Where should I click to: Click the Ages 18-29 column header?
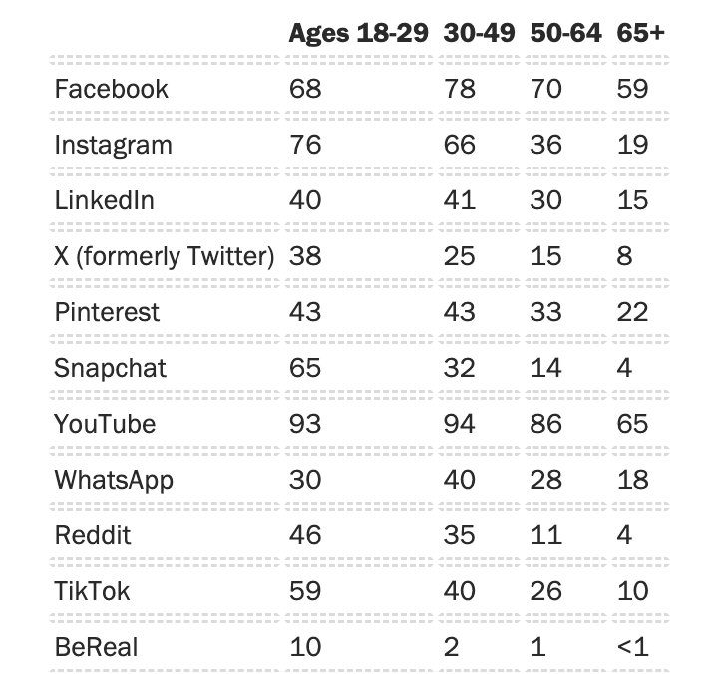(x=358, y=32)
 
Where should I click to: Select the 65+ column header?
(x=641, y=32)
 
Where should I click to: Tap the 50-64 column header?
(x=565, y=32)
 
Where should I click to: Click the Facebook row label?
(x=111, y=89)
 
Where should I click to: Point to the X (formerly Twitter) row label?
(x=164, y=256)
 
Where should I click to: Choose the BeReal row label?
(x=96, y=647)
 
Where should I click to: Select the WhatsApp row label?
(x=114, y=480)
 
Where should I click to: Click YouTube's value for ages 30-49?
(x=460, y=424)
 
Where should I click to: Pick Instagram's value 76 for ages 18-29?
(x=305, y=145)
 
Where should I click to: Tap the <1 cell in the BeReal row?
(x=632, y=647)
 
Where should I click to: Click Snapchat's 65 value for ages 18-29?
(x=305, y=368)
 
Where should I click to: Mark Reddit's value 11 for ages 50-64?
(x=545, y=535)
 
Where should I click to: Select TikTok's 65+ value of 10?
(x=632, y=591)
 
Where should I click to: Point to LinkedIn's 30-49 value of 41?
(x=460, y=200)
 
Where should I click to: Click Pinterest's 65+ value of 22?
(x=632, y=312)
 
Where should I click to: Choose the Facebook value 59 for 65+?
(x=632, y=89)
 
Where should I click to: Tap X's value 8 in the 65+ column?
(x=625, y=256)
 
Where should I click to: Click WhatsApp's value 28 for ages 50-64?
(x=545, y=480)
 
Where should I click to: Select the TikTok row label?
(x=92, y=591)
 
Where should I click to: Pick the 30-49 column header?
(x=479, y=32)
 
